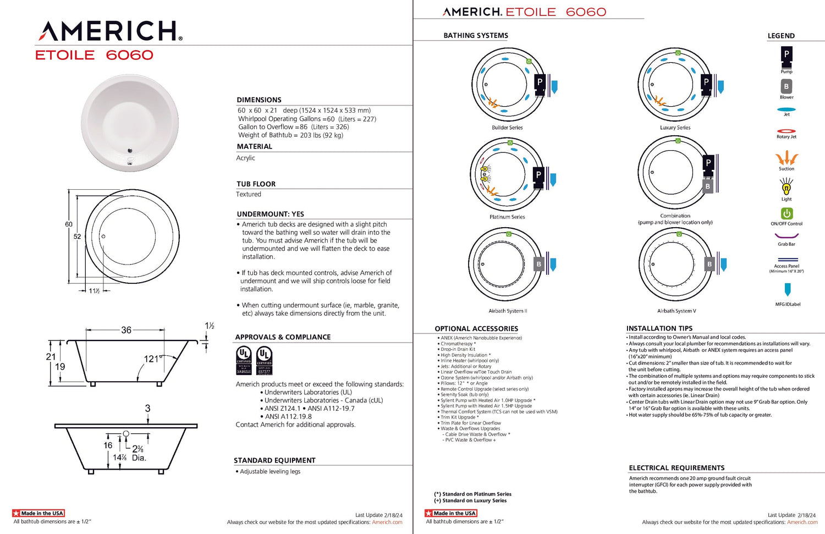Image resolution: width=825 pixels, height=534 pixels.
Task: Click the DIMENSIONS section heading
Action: (259, 100)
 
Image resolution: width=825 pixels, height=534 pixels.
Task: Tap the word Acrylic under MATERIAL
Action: (246, 158)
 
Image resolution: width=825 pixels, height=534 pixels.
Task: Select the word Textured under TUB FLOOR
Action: (249, 194)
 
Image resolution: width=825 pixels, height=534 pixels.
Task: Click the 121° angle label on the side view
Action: (152, 359)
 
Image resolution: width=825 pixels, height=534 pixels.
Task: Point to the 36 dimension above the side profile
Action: (127, 330)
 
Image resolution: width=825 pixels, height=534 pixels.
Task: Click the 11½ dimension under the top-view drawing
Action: (94, 291)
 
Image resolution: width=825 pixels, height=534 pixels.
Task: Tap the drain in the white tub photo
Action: (130, 150)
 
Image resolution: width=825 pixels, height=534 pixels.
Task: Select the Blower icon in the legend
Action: (787, 86)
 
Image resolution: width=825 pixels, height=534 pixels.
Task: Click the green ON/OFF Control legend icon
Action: (787, 213)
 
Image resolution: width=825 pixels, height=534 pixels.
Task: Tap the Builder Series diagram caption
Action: (507, 128)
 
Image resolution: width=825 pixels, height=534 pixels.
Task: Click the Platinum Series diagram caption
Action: (507, 217)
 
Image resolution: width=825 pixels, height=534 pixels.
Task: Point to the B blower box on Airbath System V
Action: (710, 265)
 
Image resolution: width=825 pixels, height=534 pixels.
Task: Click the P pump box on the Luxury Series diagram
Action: (707, 82)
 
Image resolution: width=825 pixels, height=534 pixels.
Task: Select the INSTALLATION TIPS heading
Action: (659, 328)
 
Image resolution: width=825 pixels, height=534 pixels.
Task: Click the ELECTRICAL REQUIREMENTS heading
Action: (676, 468)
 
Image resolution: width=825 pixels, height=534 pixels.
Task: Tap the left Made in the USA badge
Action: (38, 513)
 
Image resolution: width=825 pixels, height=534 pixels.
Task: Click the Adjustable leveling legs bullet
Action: (270, 471)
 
